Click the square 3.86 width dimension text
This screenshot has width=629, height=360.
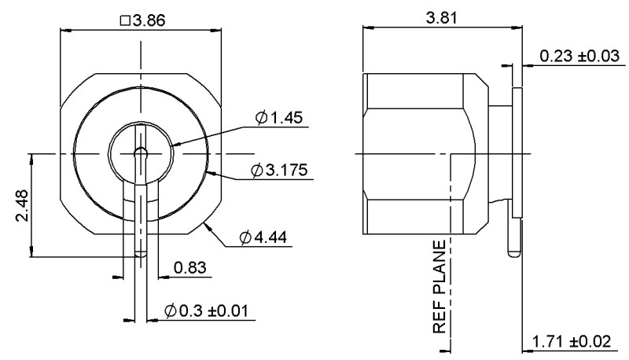[x=142, y=20]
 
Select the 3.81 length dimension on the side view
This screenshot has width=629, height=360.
[x=441, y=18]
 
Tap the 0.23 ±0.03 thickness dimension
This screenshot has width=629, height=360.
[x=579, y=56]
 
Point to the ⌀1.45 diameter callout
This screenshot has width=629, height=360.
[x=279, y=117]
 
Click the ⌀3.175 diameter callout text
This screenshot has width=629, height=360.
[x=279, y=170]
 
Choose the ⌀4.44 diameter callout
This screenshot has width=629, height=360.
[x=263, y=237]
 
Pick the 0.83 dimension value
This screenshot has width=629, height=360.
[x=189, y=267]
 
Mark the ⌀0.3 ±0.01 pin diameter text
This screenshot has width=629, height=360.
[x=206, y=310]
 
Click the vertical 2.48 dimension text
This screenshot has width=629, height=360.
[x=22, y=206]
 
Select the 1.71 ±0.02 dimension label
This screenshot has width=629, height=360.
[x=572, y=342]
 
